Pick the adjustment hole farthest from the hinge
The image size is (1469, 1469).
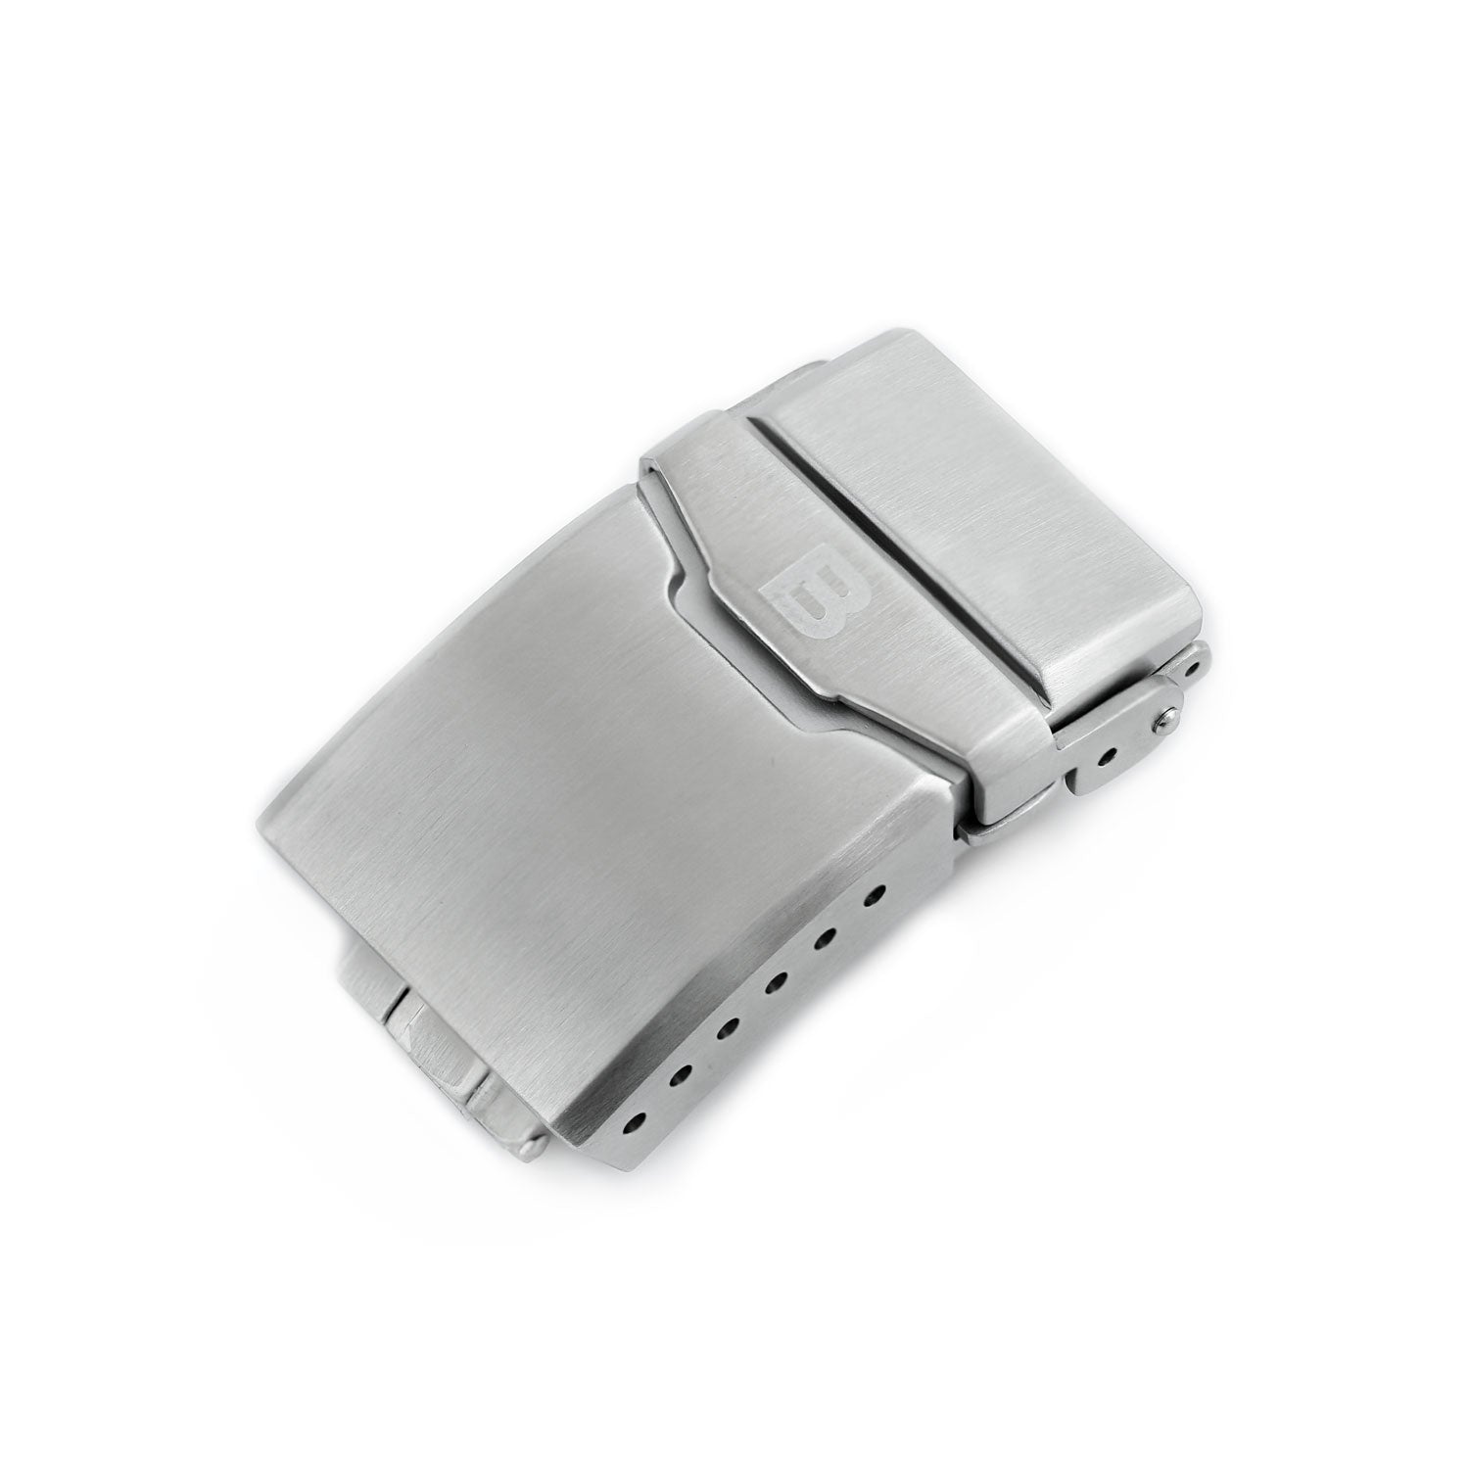click(x=640, y=1114)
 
